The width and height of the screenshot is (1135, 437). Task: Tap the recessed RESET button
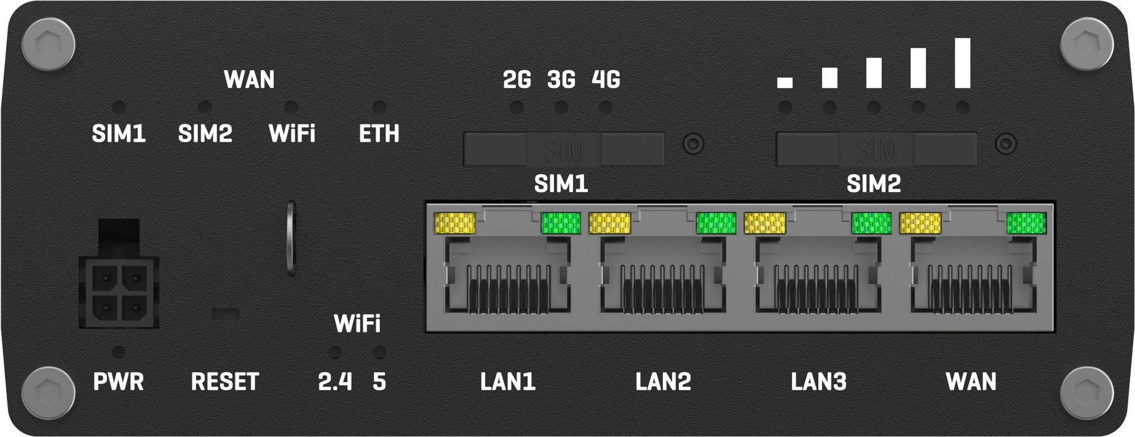coord(225,314)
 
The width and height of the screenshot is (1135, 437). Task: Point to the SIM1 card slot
coord(564,149)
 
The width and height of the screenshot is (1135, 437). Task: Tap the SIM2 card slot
coord(876,149)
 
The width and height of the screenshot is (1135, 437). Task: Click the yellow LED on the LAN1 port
coord(455,223)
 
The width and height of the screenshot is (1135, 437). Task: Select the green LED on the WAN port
coord(1026,223)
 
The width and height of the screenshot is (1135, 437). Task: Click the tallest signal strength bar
coord(962,63)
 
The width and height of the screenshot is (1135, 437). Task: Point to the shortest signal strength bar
coord(785,83)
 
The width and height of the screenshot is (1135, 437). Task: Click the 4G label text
coord(606,80)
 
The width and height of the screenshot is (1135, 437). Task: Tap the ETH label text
coord(379,134)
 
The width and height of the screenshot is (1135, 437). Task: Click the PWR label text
coord(119,382)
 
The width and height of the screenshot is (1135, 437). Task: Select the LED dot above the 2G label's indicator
coord(516,107)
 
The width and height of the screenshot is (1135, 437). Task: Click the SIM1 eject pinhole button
coord(693,144)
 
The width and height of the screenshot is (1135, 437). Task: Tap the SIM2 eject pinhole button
coord(1006,144)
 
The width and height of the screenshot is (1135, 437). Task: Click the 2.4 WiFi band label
coord(335,382)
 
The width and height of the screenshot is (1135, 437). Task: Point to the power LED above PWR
coord(119,352)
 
